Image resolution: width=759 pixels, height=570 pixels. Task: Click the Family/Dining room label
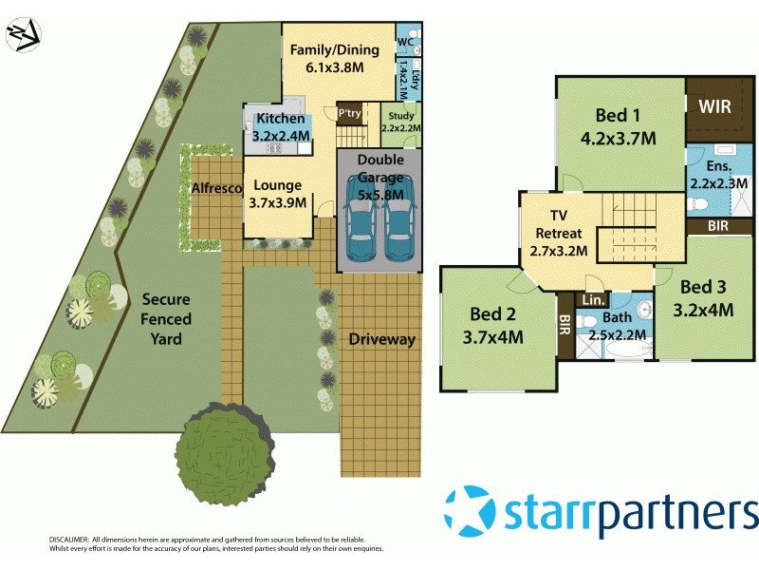[335, 59]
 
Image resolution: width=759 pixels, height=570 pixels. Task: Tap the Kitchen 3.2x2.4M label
[280, 127]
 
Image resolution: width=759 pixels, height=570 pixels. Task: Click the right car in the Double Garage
[399, 234]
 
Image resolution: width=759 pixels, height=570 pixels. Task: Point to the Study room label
[400, 122]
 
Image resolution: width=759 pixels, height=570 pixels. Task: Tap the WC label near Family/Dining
[405, 42]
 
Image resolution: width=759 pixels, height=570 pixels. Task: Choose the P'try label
[350, 113]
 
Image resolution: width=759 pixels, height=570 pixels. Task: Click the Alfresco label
[216, 189]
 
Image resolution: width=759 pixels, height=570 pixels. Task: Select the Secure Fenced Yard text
[166, 319]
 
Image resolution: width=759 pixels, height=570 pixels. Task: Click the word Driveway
[381, 339]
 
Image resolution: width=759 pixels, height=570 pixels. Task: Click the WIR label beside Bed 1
[714, 106]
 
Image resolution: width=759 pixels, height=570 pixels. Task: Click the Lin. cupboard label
[592, 300]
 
